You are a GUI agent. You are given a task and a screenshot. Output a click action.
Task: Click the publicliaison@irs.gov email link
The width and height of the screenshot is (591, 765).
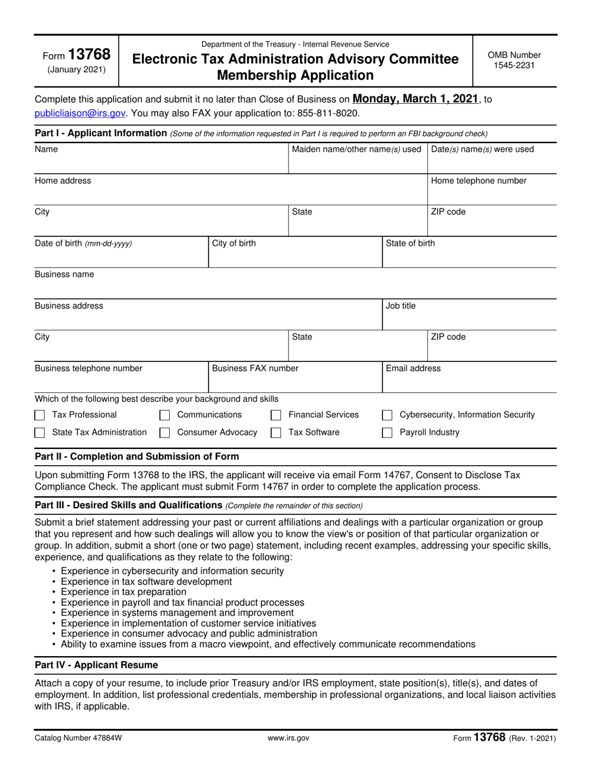tap(80, 113)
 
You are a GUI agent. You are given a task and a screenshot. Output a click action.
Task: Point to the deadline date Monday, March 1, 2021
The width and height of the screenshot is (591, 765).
tap(416, 99)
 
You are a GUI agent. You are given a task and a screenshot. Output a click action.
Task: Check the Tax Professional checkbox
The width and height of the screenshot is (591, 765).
tap(40, 415)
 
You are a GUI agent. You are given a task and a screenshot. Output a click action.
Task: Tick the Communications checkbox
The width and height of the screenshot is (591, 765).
tap(165, 415)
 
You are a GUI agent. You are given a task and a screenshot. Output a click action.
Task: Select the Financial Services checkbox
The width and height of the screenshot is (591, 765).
tap(276, 415)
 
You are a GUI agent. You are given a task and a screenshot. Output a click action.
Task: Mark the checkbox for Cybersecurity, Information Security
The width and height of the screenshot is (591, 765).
tap(387, 415)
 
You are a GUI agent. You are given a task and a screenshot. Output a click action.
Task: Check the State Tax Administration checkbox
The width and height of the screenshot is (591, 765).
tap(40, 433)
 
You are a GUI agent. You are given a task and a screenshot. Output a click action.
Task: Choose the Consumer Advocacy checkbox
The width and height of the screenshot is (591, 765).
tap(165, 433)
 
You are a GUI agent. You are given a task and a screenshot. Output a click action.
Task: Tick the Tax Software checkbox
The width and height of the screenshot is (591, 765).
tap(276, 433)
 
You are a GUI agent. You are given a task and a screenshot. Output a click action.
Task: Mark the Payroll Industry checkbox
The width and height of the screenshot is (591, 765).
tap(387, 433)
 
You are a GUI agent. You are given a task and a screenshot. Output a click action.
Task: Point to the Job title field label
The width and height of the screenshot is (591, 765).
tap(401, 306)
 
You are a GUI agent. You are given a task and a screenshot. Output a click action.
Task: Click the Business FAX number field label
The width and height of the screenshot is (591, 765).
tap(255, 368)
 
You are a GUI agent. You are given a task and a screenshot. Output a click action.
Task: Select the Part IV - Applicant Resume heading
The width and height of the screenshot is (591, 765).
tap(96, 665)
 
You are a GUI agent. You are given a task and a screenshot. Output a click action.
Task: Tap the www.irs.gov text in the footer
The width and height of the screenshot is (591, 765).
tap(288, 738)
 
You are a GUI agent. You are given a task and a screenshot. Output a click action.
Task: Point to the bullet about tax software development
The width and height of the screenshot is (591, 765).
tap(146, 582)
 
